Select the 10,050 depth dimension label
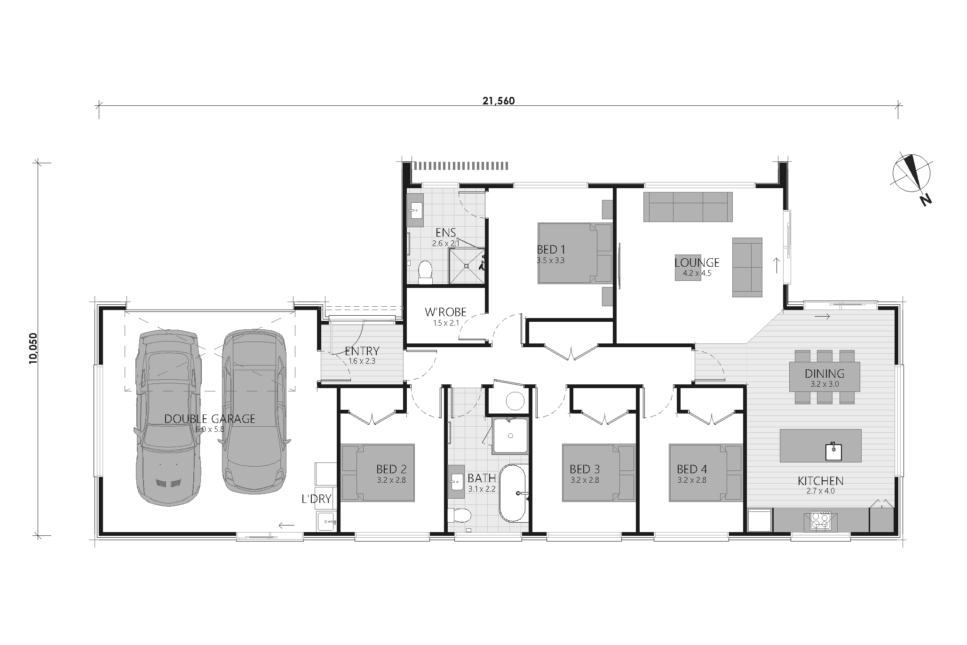pyautogui.click(x=32, y=348)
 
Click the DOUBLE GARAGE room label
pyautogui.click(x=210, y=419)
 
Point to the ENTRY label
pyautogui.click(x=362, y=351)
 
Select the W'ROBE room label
pyautogui.click(x=445, y=312)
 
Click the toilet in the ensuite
pyautogui.click(x=425, y=272)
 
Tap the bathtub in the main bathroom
pyautogui.click(x=512, y=493)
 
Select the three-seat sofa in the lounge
pyautogui.click(x=688, y=207)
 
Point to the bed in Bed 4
pyautogui.click(x=705, y=473)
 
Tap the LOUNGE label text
pyautogui.click(x=697, y=263)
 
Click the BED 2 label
pyautogui.click(x=391, y=469)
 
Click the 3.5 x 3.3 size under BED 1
pyautogui.click(x=550, y=260)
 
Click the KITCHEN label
pyautogui.click(x=820, y=481)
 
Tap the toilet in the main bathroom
pyautogui.click(x=458, y=516)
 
